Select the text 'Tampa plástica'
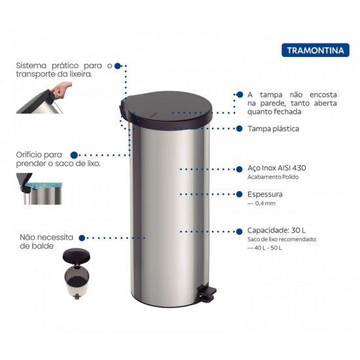(274, 129)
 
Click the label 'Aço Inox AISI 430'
(277, 168)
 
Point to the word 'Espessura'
(265, 194)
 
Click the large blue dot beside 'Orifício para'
(74, 155)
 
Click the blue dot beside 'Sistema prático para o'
(117, 65)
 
